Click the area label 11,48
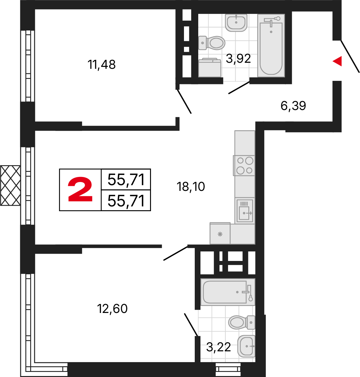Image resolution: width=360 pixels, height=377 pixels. pyautogui.click(x=101, y=65)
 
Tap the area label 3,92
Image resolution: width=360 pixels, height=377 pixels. pyautogui.click(x=238, y=59)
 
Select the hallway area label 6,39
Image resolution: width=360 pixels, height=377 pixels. pyautogui.click(x=293, y=106)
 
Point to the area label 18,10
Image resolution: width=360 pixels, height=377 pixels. pyautogui.click(x=191, y=187)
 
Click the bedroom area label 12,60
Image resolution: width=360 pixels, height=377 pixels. pyautogui.click(x=112, y=309)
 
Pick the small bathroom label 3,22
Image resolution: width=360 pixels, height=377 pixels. pyautogui.click(x=219, y=347)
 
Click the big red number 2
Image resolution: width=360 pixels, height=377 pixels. pyautogui.click(x=80, y=190)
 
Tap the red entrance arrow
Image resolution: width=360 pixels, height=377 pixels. pyautogui.click(x=337, y=61)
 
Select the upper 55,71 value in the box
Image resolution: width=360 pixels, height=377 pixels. pyautogui.click(x=126, y=180)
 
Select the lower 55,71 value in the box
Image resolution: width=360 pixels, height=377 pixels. pyautogui.click(x=126, y=201)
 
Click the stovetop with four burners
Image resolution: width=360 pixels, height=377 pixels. pyautogui.click(x=245, y=166)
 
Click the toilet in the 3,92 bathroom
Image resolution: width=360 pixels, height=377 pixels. pyautogui.click(x=212, y=42)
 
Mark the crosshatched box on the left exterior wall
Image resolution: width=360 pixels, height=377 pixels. pyautogui.click(x=10, y=185)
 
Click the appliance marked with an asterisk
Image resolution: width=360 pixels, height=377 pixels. pyautogui.click(x=220, y=234)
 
